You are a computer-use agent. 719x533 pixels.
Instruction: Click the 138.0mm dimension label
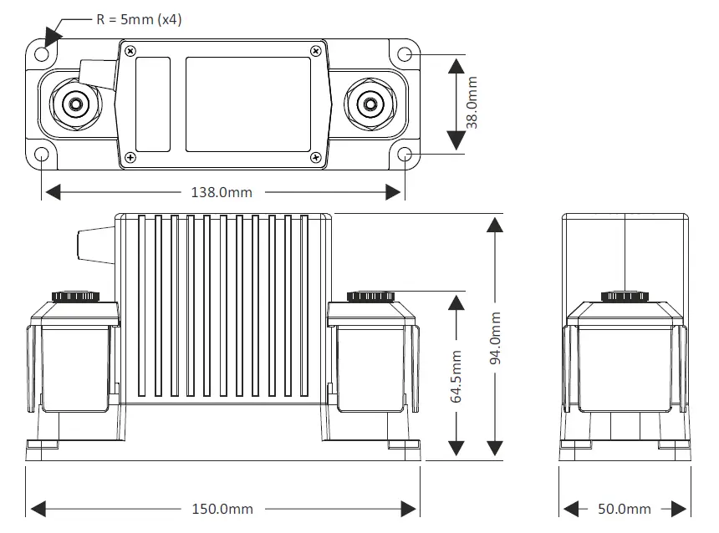(222, 193)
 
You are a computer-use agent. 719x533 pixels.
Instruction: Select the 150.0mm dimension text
(222, 509)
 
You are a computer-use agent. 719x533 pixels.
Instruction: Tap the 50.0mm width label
(625, 509)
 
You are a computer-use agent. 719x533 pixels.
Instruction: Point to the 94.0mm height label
(496, 339)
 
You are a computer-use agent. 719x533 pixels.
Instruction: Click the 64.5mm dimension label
(456, 376)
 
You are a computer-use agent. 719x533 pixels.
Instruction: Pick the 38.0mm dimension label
(472, 103)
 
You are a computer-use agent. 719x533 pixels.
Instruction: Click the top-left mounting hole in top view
(42, 54)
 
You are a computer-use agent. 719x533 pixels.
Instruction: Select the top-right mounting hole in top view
(405, 54)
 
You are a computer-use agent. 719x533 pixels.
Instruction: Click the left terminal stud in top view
(76, 104)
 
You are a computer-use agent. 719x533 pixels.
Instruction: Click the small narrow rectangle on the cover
(153, 104)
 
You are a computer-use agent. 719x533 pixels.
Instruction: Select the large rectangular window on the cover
(247, 104)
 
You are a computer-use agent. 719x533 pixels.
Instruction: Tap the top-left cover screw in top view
(130, 51)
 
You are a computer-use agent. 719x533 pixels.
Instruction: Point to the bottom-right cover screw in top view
(315, 157)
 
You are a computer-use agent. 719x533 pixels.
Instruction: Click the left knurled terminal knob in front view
(77, 296)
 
